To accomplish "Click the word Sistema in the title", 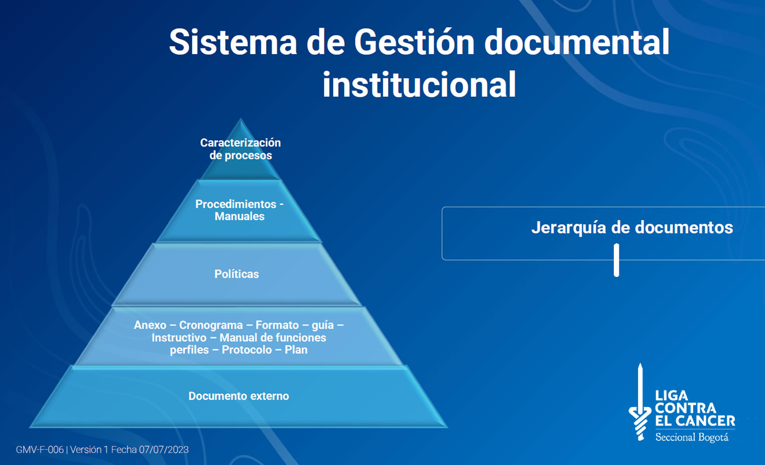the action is pos(233,42).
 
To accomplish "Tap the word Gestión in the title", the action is pos(414,42).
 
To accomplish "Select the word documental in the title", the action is pos(577,42).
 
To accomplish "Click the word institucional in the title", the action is pos(419,84).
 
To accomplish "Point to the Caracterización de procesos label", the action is pos(240,149).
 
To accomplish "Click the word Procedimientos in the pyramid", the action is pos(235,204).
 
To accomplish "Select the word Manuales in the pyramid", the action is pos(239,216).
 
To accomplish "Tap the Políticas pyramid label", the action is pos(236,274).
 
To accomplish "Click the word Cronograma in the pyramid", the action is pos(211,325).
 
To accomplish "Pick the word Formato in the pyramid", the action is pos(277,325).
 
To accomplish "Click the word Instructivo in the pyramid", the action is pos(179,338).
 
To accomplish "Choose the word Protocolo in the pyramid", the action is pos(246,350).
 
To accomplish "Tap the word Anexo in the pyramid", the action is pos(150,325).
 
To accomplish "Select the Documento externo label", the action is pos(239,396).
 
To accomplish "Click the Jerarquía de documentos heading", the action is pos(632,228).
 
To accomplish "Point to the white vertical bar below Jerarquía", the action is pos(616,260).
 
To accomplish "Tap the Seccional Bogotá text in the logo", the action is pos(692,437).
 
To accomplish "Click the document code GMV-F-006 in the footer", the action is pos(40,449).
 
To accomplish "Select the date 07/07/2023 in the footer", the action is pos(164,449).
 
